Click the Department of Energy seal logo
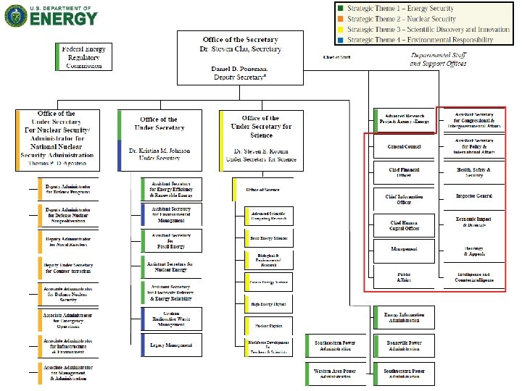[16, 17]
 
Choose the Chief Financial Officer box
[404, 172]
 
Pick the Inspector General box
[474, 196]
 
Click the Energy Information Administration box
[404, 317]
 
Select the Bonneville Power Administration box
[404, 345]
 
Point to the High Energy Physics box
[269, 304]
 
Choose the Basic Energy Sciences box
[269, 238]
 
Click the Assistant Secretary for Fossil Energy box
[171, 240]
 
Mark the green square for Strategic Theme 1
[339, 9]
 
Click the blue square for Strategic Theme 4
[339, 39]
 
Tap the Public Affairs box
[404, 276]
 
